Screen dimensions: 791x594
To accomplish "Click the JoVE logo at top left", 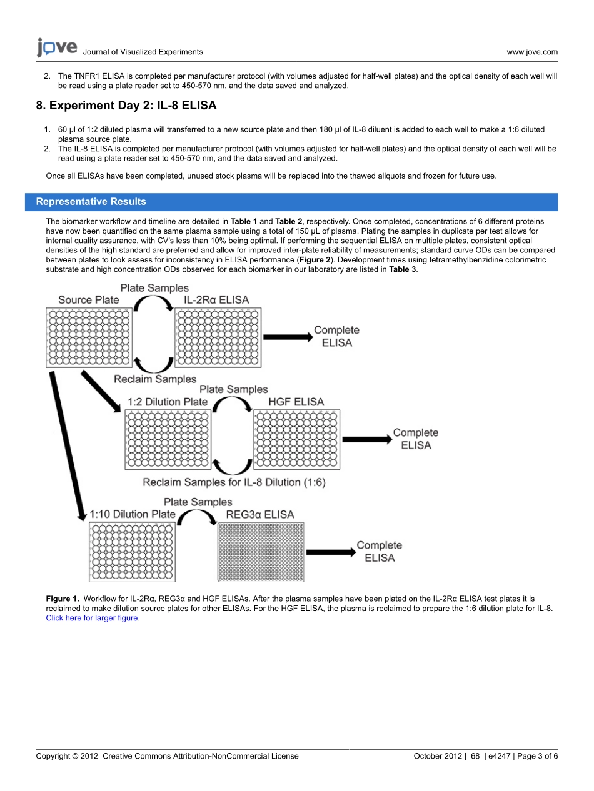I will point(57,47).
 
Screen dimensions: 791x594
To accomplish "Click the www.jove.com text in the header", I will point(531,52).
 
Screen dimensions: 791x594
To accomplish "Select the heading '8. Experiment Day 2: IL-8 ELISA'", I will point(126,106).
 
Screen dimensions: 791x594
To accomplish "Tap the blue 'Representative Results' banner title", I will point(91,202).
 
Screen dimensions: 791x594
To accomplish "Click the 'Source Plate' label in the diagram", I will point(88,300).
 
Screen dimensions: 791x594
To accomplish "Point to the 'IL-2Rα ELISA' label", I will point(216,300).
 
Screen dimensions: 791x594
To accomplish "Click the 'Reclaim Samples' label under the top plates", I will point(154,379).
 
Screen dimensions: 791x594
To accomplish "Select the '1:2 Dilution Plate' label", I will point(167,402).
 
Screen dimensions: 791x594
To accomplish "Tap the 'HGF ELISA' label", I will point(296,402).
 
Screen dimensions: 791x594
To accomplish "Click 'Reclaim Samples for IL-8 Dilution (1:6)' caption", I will point(234,482).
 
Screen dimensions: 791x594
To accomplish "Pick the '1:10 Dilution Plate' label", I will point(133,514).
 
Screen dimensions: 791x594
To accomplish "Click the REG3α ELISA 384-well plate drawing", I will point(260,552).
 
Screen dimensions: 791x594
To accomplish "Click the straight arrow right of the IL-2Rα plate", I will point(286,337).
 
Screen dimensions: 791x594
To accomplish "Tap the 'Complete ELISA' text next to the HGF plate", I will point(415,439).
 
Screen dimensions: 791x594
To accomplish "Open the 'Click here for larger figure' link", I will point(93,618).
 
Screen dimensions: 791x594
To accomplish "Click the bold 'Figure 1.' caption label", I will point(63,599).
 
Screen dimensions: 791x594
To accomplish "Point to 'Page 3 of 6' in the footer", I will point(538,756).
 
